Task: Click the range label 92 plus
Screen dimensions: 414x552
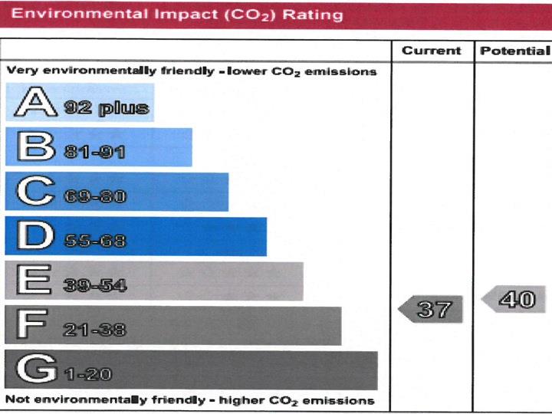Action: click(106, 108)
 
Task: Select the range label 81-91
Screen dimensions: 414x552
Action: click(94, 153)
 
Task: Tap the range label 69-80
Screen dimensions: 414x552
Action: click(94, 197)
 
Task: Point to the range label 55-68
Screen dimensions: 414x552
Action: click(94, 242)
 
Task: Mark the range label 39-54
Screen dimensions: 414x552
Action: click(94, 286)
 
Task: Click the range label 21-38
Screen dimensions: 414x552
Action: click(94, 330)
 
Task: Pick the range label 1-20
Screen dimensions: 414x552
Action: click(88, 375)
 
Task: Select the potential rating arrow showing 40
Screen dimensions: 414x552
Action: click(514, 299)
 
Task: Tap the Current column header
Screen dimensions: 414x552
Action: click(432, 51)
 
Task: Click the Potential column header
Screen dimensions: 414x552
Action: click(514, 51)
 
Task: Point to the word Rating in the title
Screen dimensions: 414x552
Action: click(314, 15)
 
